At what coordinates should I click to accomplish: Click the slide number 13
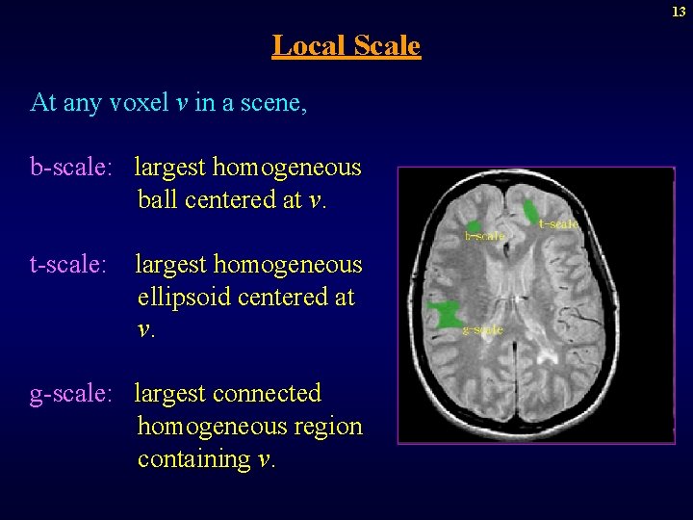(x=680, y=12)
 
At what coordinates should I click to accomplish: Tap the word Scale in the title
(x=387, y=45)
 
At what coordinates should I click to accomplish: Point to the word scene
(x=275, y=102)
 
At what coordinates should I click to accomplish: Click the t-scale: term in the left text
(x=68, y=264)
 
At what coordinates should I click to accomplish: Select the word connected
(x=268, y=394)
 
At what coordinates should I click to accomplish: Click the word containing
(x=194, y=459)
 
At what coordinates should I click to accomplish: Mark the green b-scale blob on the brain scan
(x=474, y=226)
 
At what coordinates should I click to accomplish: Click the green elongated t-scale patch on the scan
(x=530, y=210)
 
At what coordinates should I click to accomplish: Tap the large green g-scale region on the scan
(x=445, y=315)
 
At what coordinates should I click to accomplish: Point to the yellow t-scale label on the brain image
(x=559, y=224)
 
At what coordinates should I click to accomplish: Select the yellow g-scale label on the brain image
(x=483, y=330)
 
